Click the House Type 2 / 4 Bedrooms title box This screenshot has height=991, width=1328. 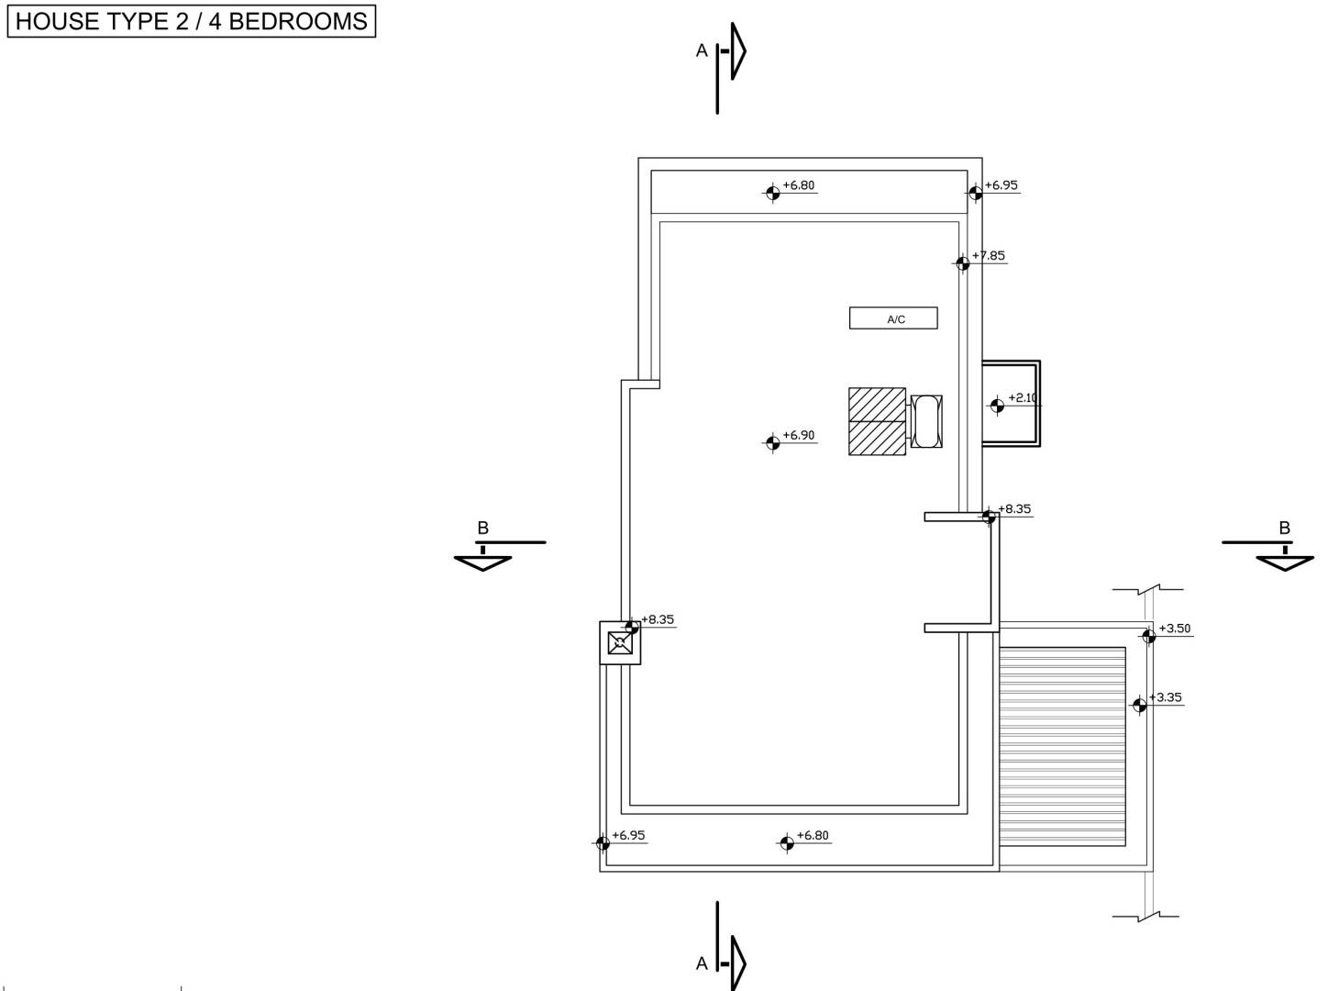point(191,21)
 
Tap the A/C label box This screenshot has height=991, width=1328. point(893,318)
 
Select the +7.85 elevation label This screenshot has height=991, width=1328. point(988,255)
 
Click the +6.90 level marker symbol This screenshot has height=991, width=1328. point(772,442)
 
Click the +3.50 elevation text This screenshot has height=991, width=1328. point(1174,629)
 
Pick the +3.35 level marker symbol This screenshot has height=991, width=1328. point(1139,706)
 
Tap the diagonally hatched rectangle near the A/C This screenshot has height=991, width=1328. point(877,421)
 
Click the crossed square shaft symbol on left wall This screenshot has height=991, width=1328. point(620,643)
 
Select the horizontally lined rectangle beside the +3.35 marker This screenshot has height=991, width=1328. point(1062,746)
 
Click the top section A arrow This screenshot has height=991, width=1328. point(738,51)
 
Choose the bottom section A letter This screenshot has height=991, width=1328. point(702,963)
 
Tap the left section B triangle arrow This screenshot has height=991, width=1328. point(482,563)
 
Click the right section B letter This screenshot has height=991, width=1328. point(1285,528)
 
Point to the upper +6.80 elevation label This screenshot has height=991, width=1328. point(799,185)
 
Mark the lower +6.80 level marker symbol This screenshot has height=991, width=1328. point(787,842)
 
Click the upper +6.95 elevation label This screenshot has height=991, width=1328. point(1002,185)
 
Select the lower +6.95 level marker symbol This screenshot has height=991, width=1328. point(603,842)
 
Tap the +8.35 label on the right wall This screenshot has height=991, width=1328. point(1014,509)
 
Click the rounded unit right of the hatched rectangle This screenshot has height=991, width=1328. point(926,421)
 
